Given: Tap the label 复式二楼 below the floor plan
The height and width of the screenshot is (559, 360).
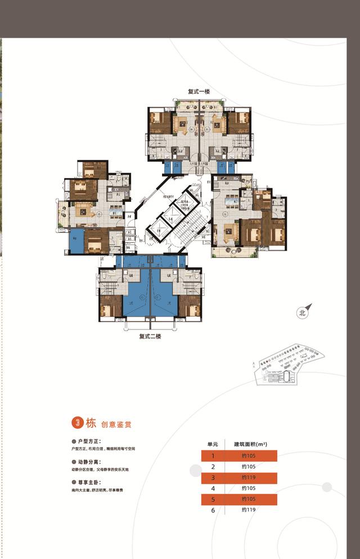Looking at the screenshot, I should point(150,336).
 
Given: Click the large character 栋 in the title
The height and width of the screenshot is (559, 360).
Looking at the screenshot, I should point(91,423).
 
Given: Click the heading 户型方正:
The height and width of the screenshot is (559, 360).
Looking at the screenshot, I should point(89,441).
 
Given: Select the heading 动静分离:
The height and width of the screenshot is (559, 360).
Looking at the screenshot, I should point(89,462).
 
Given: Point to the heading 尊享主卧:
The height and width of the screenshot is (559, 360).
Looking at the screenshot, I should point(89,483).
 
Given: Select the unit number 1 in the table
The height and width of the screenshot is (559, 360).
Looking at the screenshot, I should point(213,456).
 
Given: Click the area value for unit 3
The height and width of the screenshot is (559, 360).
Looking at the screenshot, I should point(248,477).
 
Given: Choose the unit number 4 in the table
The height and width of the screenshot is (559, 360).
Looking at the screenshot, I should point(213,488).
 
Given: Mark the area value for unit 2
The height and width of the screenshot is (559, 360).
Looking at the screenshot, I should point(248,467).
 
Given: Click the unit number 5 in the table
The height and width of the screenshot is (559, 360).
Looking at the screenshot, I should point(213,499).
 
